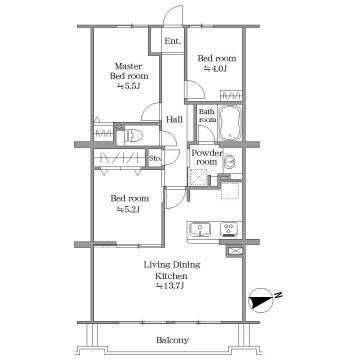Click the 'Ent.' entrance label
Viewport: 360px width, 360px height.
(173, 42)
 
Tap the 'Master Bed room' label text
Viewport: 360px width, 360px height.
(129, 71)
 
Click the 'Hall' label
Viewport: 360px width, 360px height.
(174, 119)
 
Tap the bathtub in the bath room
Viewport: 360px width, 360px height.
(230, 122)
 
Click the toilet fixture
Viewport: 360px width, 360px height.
(133, 135)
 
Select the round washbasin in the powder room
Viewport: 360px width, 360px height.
(230, 162)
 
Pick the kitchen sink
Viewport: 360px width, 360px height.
(200, 230)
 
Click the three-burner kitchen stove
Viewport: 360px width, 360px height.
(229, 229)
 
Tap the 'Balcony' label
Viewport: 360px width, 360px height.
(172, 340)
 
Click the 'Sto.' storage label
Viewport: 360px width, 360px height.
(155, 158)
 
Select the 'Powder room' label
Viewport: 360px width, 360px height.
(207, 157)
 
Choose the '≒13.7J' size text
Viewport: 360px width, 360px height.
(171, 286)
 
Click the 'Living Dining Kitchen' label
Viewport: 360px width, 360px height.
(172, 270)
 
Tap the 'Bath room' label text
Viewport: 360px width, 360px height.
(207, 115)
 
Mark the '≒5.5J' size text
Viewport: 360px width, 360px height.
(129, 86)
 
